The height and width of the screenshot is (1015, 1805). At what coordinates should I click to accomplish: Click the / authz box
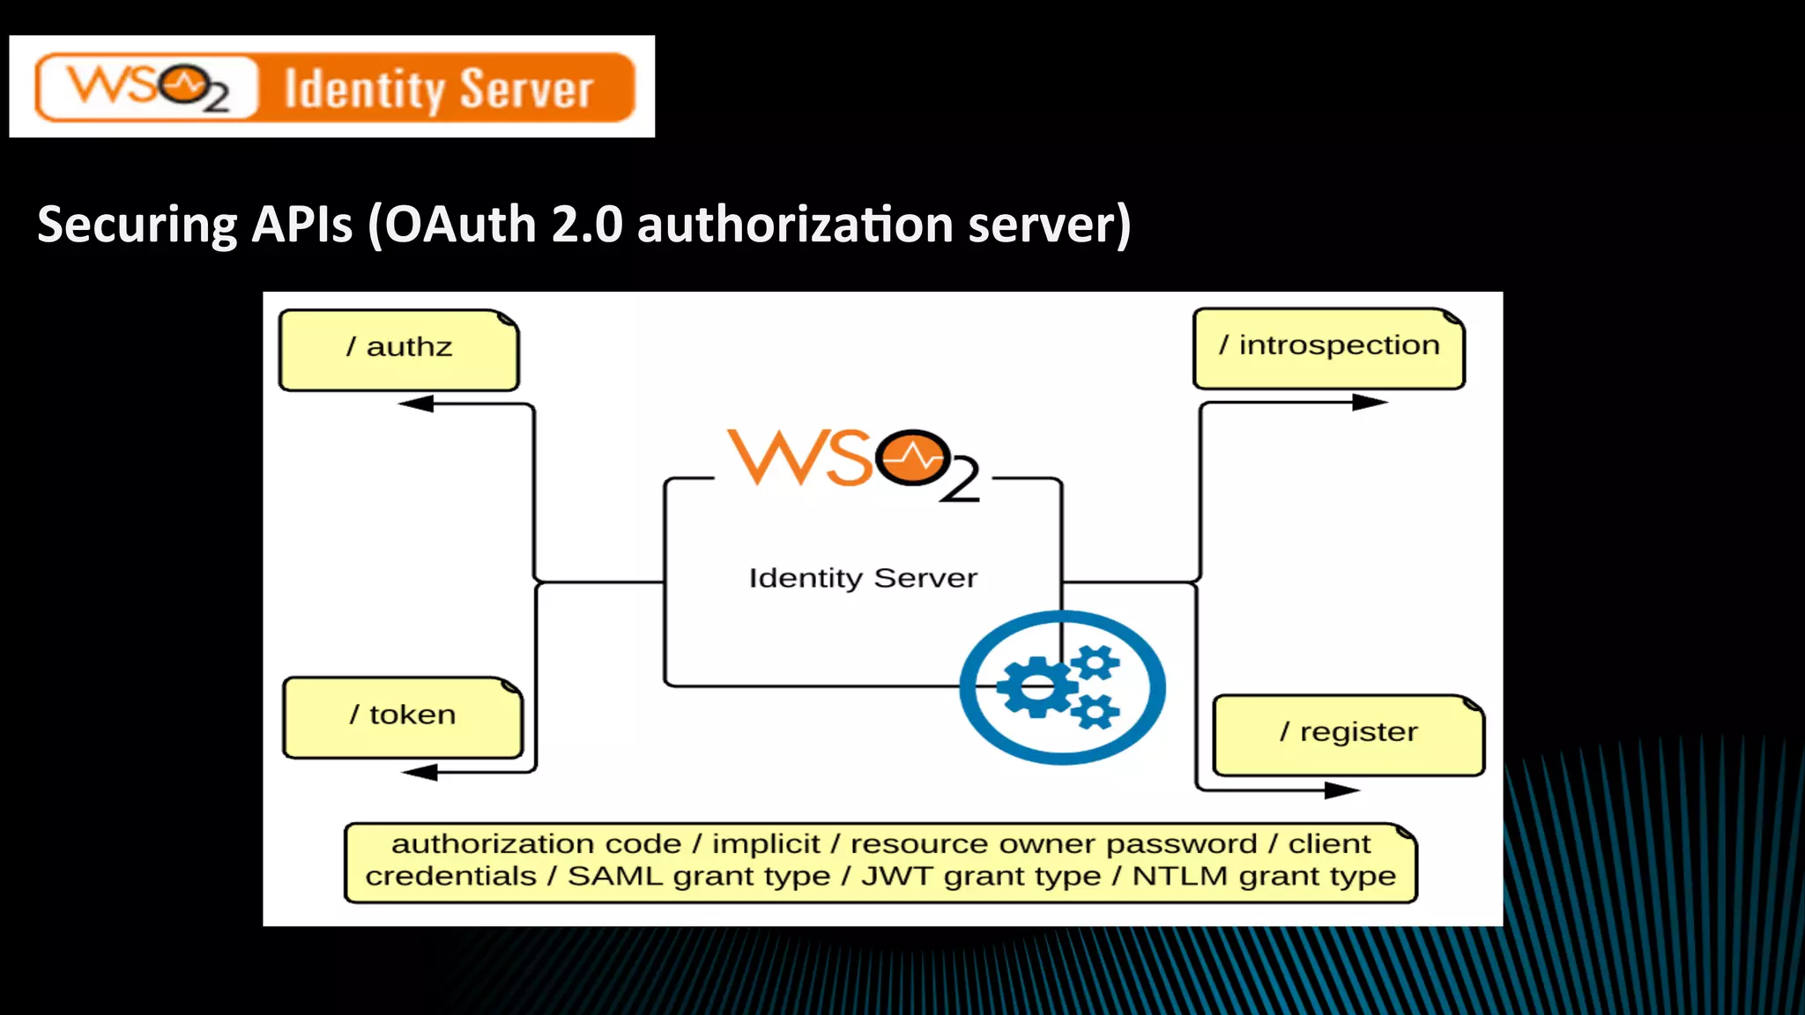(398, 349)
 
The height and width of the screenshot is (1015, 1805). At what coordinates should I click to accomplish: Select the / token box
(403, 716)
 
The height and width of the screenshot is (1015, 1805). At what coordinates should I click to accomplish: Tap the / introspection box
(1328, 347)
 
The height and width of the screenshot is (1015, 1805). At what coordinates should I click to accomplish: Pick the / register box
(1348, 734)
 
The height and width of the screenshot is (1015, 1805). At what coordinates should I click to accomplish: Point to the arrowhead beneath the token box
(420, 773)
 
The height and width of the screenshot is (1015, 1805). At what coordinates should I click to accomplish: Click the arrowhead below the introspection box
(1370, 403)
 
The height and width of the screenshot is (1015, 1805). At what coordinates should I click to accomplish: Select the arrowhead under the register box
(1342, 790)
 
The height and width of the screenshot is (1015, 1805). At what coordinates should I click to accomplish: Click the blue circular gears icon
(1062, 687)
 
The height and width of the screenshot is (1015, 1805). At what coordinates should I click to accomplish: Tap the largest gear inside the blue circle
(1037, 687)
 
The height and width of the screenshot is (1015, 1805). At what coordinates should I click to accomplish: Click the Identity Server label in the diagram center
(863, 578)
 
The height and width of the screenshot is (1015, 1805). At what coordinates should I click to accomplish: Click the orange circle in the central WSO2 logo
(913, 457)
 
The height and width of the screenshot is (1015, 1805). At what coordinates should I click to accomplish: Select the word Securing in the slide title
(137, 226)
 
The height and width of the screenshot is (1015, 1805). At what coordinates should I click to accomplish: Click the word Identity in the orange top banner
(364, 90)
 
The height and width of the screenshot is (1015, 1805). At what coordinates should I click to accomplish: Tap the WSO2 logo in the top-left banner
(147, 87)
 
